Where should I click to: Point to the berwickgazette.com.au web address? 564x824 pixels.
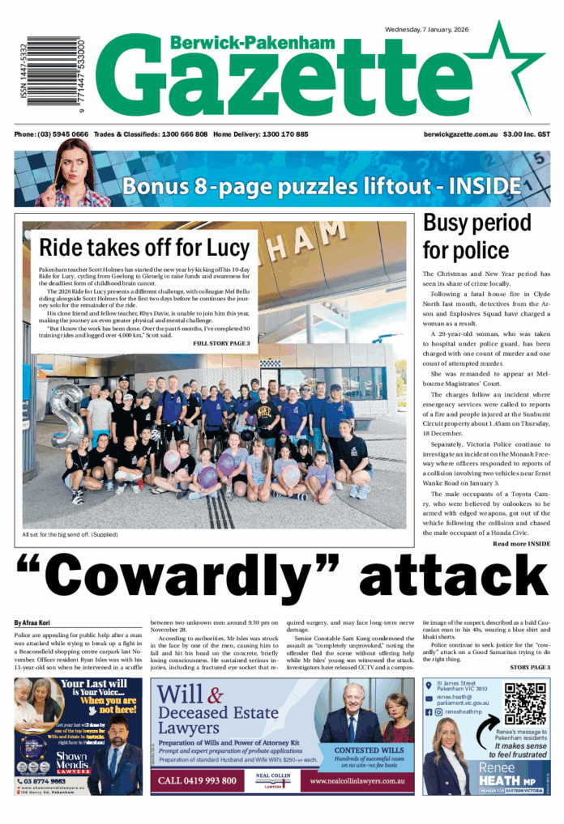pyautogui.click(x=460, y=134)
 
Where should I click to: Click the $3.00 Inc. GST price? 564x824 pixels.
pyautogui.click(x=527, y=134)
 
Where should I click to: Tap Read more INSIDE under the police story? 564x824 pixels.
pyautogui.click(x=521, y=543)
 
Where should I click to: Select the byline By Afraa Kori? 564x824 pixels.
pyautogui.click(x=32, y=622)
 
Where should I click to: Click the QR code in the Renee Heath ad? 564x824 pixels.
pyautogui.click(x=525, y=704)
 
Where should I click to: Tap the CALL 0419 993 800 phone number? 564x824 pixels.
pyautogui.click(x=199, y=780)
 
